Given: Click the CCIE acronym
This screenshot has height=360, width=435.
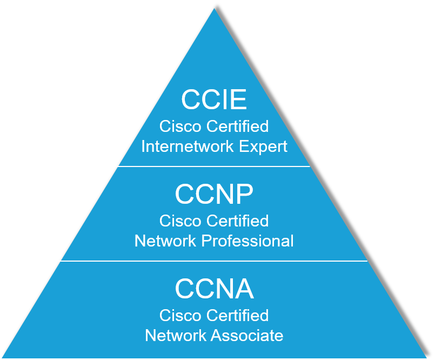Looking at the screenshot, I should pyautogui.click(x=214, y=100).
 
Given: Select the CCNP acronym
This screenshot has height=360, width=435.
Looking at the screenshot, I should pyautogui.click(x=214, y=195).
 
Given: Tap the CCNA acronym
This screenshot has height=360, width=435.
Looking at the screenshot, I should pyautogui.click(x=214, y=289).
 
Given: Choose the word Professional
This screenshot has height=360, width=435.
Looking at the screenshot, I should pyautogui.click(x=248, y=241).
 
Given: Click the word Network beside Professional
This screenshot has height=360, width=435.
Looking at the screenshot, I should pyautogui.click(x=165, y=241).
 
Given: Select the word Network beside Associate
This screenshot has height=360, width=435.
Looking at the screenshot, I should pyautogui.click(x=176, y=335).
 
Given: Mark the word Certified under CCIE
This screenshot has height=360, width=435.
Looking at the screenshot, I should pyautogui.click(x=238, y=126).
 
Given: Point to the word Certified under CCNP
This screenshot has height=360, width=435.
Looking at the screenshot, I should pyautogui.click(x=238, y=221).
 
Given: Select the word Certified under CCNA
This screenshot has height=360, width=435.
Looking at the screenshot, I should pyautogui.click(x=238, y=315).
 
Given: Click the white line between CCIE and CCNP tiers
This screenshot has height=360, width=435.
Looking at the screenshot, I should pyautogui.click(x=213, y=166).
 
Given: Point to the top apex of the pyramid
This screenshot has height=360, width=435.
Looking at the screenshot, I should pyautogui.click(x=214, y=9).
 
